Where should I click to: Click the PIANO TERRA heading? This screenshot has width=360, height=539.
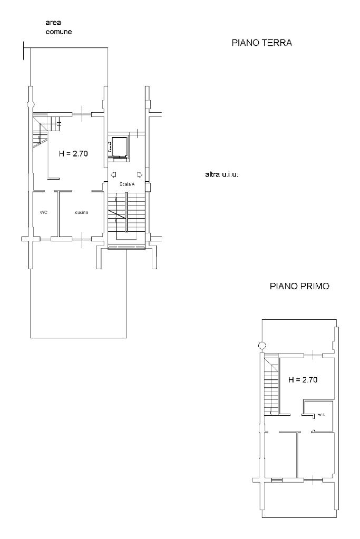[261, 43]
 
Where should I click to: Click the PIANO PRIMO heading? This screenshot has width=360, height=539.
[299, 286]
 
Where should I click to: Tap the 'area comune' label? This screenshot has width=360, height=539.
[59, 27]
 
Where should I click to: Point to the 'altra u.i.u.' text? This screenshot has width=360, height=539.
[222, 174]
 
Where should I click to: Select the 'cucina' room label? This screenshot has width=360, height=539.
[82, 212]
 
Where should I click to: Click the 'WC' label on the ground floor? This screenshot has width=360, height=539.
[43, 212]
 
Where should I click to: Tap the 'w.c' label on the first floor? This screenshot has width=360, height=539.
[321, 415]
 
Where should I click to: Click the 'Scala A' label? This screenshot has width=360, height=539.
[127, 184]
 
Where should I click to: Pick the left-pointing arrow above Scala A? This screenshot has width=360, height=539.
[113, 174]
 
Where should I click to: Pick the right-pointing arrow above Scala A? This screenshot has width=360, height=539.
[140, 174]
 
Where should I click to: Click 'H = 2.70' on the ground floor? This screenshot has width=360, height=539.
[73, 154]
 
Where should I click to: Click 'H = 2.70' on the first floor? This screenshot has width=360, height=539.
[303, 380]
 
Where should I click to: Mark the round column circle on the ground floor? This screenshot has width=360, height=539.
[31, 104]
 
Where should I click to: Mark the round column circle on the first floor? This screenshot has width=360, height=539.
[262, 346]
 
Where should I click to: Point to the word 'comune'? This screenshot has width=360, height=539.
[59, 32]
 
